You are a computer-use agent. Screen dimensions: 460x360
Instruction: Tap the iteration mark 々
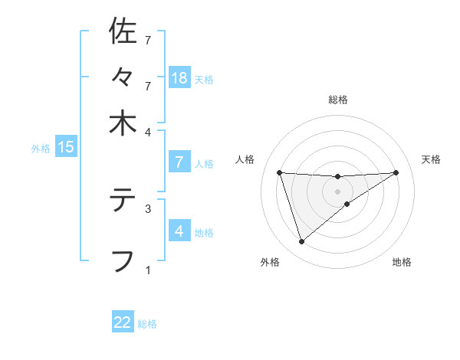pos(123,77)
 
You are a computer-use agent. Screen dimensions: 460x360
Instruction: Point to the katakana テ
pos(123,201)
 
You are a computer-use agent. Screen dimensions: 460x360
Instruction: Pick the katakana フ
pos(123,260)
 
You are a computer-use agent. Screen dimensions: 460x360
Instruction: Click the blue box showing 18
pos(179,77)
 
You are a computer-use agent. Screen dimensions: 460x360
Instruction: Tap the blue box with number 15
pos(66,147)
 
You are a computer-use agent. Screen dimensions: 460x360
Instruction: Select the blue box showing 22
pos(123,322)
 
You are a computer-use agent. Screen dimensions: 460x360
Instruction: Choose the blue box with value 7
pos(179,162)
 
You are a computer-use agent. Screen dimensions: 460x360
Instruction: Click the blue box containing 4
pos(179,231)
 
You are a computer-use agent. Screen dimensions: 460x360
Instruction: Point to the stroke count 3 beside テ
pos(148,208)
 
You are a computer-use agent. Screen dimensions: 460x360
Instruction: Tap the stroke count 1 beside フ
pos(148,269)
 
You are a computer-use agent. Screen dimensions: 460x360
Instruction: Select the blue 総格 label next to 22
pos(147,324)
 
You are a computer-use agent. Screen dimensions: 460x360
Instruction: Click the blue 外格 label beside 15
pos(40,149)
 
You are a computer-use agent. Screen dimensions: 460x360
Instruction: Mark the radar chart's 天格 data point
pos(396,172)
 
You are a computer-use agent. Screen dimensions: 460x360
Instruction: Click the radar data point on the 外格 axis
pos(302,242)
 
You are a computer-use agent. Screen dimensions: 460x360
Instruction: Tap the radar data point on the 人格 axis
pos(280,172)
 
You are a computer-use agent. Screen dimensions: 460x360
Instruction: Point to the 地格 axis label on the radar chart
pos(402,263)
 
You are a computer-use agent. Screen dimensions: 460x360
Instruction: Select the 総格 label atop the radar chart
pos(338,100)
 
